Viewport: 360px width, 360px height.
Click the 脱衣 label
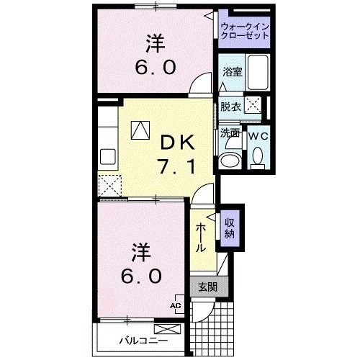pos(230,107)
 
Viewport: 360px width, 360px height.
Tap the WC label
pos(257,135)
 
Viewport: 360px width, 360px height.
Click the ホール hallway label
pos(200,236)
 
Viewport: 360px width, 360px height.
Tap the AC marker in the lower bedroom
pos(174,305)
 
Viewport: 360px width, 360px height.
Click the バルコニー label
pos(143,339)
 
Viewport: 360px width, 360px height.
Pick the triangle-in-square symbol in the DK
pos(139,131)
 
